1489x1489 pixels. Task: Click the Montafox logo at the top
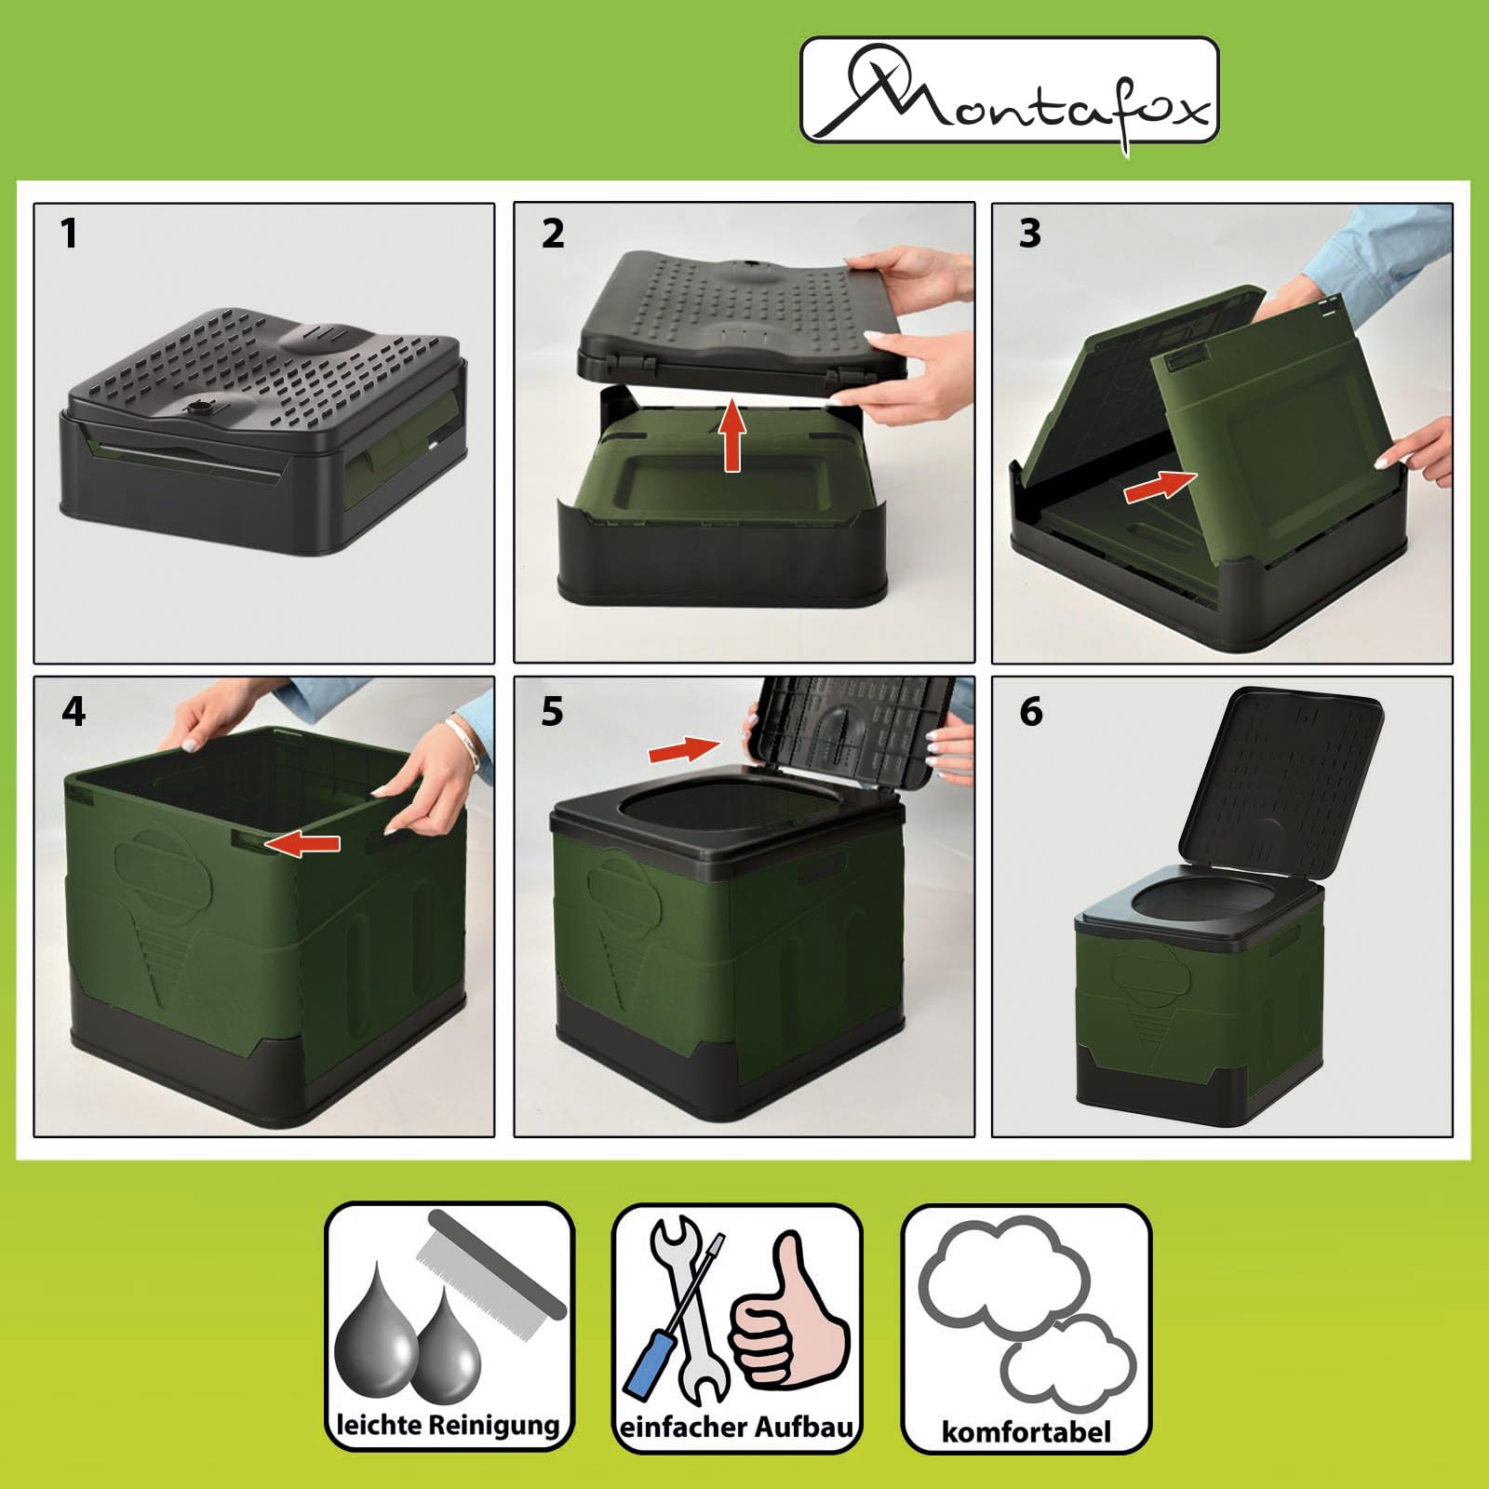pos(1010,90)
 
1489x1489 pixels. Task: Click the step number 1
pos(68,233)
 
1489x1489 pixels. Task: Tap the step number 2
pos(553,233)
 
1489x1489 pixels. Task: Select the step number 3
pos(1029,233)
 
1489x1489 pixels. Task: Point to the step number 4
pos(74,712)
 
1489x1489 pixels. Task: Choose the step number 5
pos(552,712)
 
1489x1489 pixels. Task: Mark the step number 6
pos(1031,712)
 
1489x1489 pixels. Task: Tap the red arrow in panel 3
pos(1160,486)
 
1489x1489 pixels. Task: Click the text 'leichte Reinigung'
pos(448,1425)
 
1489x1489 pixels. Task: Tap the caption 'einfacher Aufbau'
pos(736,1427)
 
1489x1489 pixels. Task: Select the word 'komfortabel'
pos(1026,1431)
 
